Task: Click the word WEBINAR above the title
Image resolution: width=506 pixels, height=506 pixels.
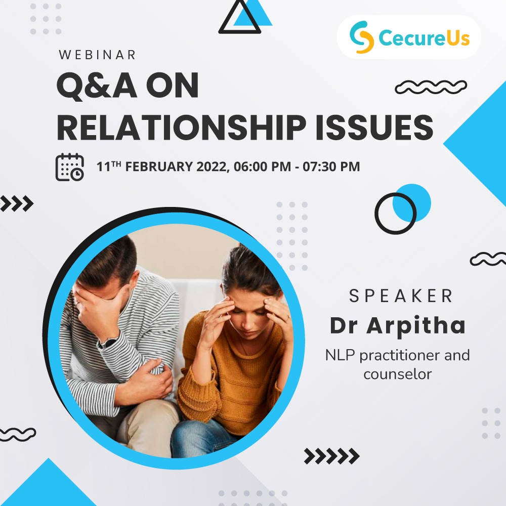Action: tap(97, 55)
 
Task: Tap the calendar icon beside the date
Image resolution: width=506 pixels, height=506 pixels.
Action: tap(70, 167)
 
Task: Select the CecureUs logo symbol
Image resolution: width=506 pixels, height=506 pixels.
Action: tap(362, 37)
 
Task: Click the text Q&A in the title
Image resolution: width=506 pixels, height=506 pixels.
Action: tap(97, 86)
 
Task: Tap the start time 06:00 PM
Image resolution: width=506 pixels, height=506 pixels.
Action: tap(262, 167)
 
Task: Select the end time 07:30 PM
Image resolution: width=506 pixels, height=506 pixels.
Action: tap(331, 167)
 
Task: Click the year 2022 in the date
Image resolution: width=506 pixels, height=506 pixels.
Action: tap(213, 167)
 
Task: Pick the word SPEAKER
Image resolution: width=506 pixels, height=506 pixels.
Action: tap(401, 296)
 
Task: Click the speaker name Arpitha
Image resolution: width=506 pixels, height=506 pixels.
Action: tap(416, 326)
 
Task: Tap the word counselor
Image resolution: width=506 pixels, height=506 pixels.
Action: tap(398, 374)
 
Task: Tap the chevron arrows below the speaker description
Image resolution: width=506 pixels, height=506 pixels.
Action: tap(332, 456)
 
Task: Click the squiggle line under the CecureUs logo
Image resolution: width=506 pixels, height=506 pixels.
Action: tap(431, 87)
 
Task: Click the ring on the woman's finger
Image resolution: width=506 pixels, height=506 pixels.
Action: tap(288, 318)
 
